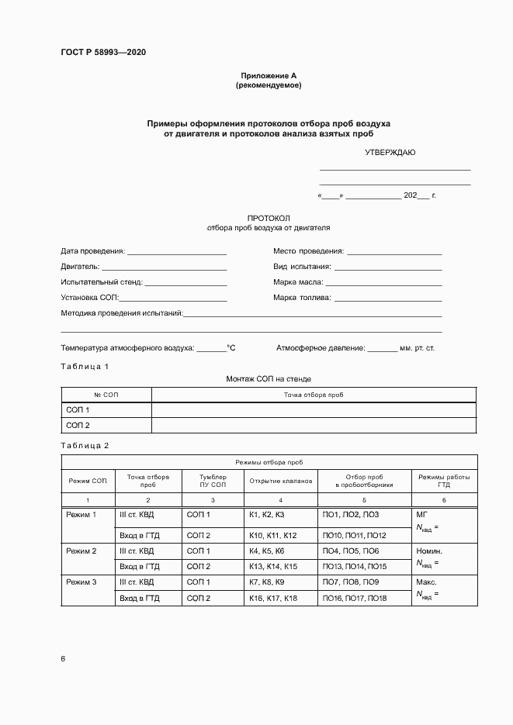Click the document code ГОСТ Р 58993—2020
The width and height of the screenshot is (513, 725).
click(x=103, y=53)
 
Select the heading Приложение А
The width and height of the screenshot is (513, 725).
click(x=269, y=76)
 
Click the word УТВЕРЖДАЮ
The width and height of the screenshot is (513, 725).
click(x=390, y=152)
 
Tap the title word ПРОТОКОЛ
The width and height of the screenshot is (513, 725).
click(x=268, y=219)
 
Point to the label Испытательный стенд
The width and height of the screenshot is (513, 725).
click(x=101, y=282)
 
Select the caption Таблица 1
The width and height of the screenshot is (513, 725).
click(x=85, y=365)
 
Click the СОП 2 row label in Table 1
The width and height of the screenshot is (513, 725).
click(x=78, y=426)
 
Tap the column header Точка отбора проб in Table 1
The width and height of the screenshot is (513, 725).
click(x=314, y=395)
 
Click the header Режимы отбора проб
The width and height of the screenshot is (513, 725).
click(x=269, y=461)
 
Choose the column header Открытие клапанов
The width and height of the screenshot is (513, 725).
click(x=280, y=482)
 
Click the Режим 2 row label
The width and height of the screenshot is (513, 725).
click(x=81, y=551)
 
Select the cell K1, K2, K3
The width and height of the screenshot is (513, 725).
click(x=267, y=515)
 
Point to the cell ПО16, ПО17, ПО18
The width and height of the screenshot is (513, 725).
click(x=354, y=599)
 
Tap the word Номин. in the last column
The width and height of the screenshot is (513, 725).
click(x=429, y=551)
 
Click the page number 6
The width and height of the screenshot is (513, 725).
click(x=63, y=659)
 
